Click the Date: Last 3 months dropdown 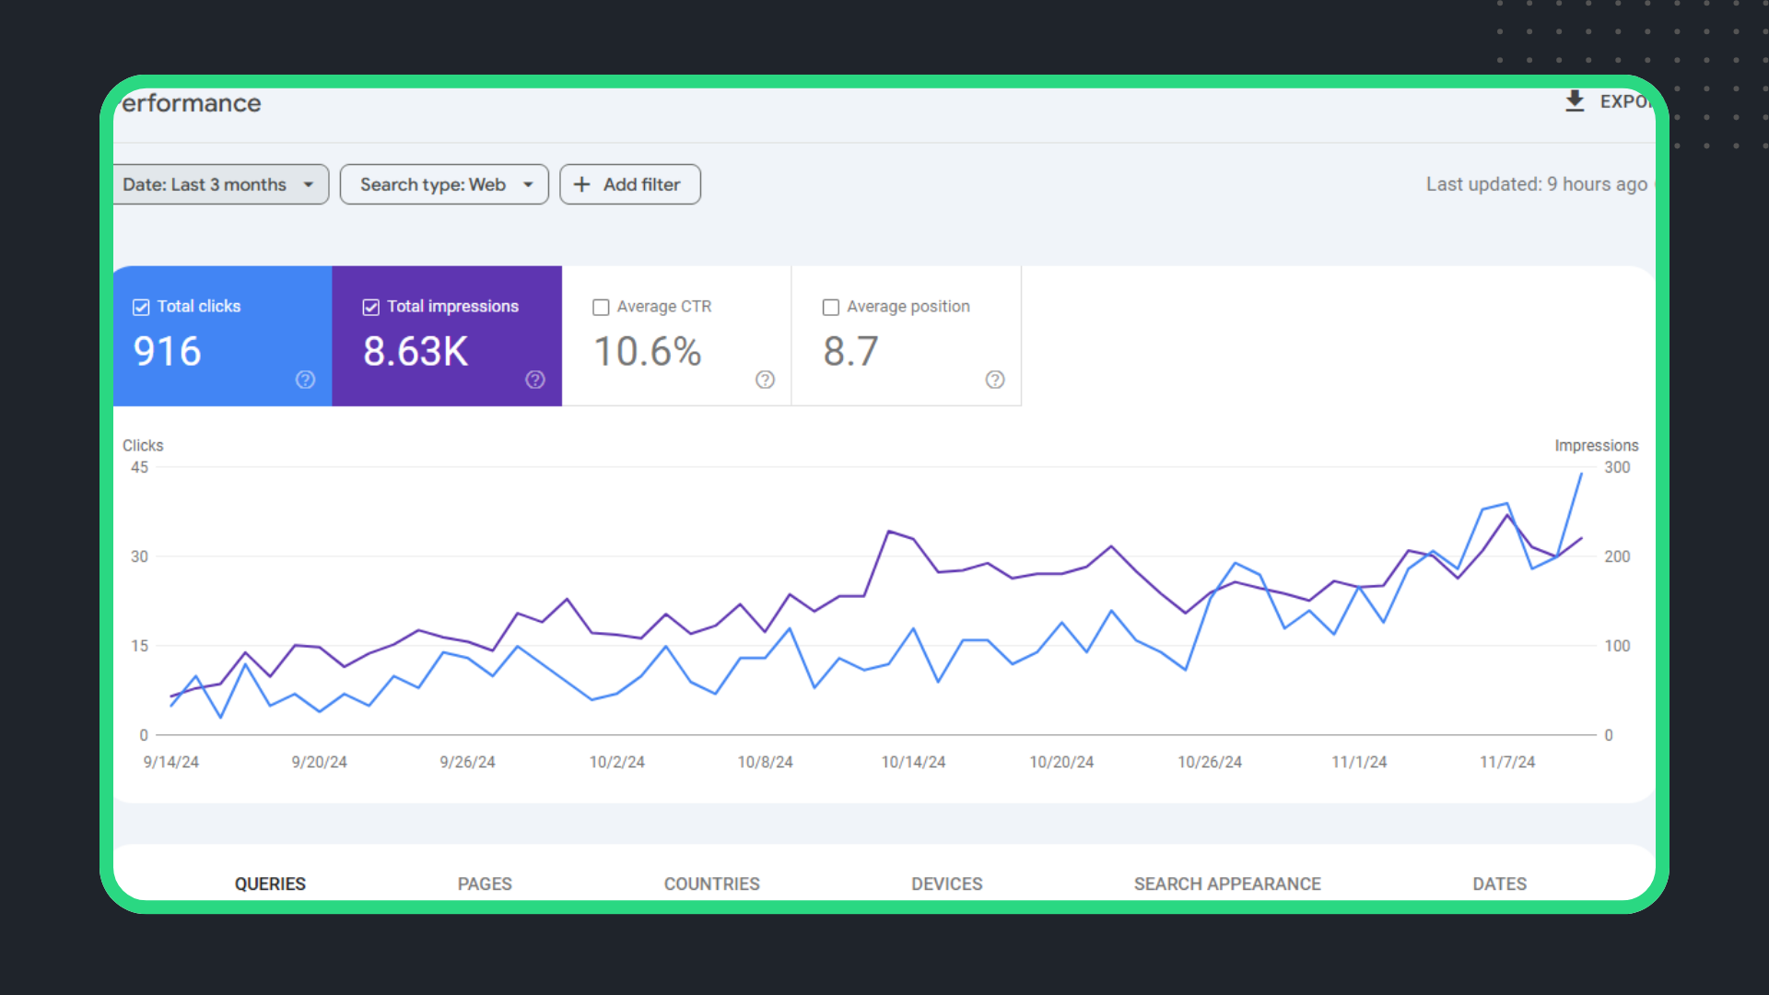point(219,184)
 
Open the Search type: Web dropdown point(444,184)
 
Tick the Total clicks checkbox point(141,307)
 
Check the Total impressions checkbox point(371,307)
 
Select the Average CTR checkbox point(601,307)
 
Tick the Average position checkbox point(831,307)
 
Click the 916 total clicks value point(167,351)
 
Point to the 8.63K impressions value point(416,351)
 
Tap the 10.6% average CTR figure point(647,351)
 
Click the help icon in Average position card point(995,380)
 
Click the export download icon point(1575,101)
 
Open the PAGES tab point(485,884)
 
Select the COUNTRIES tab point(711,884)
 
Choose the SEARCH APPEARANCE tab point(1227,884)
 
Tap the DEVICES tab point(946,884)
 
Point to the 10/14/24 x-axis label point(913,762)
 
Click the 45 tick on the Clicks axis point(139,467)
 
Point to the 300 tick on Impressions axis point(1617,467)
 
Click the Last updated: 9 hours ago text point(1536,184)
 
